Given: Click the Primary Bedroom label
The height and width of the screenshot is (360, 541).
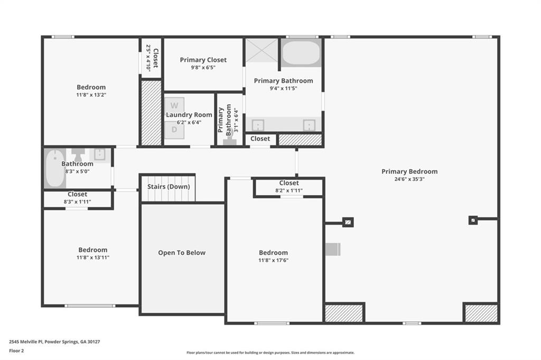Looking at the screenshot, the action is click(x=409, y=172).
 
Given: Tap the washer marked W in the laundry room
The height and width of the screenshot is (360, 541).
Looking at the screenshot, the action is click(x=174, y=105).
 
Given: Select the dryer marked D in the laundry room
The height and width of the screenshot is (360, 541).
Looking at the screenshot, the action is click(x=174, y=130).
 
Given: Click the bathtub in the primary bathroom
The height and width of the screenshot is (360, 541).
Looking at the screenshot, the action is click(x=301, y=53).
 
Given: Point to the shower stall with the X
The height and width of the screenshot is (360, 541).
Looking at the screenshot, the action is click(x=262, y=50).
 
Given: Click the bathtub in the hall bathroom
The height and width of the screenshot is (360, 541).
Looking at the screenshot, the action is click(x=55, y=169).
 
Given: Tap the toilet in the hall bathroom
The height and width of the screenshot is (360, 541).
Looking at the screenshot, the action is click(x=78, y=154).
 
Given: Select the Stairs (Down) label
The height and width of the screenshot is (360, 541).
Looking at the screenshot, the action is click(x=169, y=187).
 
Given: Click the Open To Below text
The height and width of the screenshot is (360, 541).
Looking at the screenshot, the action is click(x=182, y=253).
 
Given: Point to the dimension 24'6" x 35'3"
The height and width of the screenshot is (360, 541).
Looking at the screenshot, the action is click(x=409, y=179).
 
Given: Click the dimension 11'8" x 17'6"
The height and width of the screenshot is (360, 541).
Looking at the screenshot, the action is click(x=273, y=260).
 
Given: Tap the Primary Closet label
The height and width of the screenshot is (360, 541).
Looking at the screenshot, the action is click(x=203, y=60).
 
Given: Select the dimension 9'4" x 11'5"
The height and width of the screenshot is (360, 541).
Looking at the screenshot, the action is click(x=283, y=88).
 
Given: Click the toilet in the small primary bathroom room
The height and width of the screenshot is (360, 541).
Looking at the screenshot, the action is click(x=230, y=140).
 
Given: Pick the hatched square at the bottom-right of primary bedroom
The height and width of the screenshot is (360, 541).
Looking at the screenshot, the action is click(x=481, y=313).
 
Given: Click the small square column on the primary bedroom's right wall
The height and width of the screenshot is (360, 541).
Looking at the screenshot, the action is click(x=473, y=220).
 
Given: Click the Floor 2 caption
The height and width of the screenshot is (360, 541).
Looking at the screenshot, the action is click(x=16, y=350).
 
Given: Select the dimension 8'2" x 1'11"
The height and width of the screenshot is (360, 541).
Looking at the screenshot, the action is click(x=289, y=190).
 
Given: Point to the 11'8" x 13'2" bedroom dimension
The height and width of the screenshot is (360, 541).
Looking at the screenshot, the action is click(x=91, y=95).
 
